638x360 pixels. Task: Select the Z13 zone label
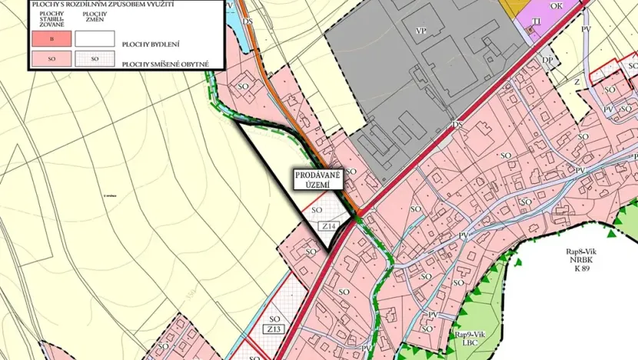pos(274,330)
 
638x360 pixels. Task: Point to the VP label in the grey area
pos(420,30)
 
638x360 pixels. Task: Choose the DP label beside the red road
pos(548,60)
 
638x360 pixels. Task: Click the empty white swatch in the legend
pos(95,38)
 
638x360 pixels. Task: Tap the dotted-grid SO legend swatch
pos(95,58)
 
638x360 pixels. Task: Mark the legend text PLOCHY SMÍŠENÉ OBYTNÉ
pos(164,64)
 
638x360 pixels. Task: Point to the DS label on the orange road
pos(248,21)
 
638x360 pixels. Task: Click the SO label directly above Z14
pos(317,209)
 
